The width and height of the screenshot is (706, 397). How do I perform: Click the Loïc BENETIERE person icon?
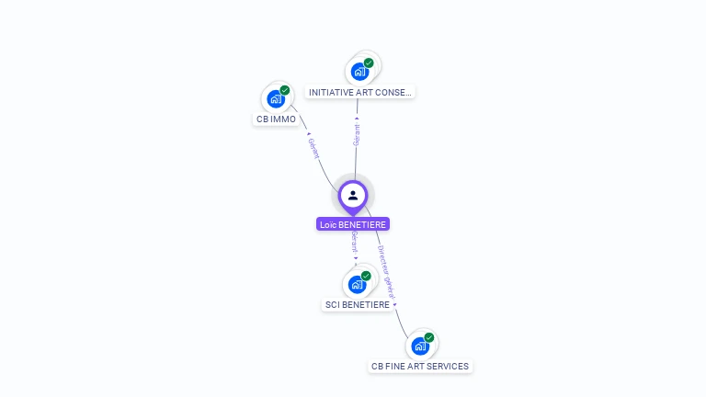353,195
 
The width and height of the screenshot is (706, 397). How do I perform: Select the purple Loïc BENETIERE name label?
353,224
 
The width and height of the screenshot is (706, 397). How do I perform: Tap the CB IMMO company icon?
275,98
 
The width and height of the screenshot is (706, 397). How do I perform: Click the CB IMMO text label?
277,119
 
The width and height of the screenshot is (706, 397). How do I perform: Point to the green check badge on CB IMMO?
285,90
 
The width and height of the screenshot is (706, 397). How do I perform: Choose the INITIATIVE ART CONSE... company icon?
359,71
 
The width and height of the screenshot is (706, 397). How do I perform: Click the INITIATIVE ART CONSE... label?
360,92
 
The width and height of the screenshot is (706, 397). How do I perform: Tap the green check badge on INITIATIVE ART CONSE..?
369,63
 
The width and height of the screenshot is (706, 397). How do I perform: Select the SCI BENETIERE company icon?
357,284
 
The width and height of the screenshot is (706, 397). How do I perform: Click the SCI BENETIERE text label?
358,304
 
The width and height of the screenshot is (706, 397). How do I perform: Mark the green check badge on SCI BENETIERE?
366,276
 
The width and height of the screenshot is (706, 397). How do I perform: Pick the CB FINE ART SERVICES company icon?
419,346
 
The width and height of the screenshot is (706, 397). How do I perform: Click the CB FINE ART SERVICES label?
420,366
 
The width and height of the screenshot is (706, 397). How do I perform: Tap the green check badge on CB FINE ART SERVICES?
429,337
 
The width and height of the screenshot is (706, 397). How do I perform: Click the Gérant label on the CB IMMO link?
313,148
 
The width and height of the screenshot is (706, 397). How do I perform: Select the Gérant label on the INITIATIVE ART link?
357,134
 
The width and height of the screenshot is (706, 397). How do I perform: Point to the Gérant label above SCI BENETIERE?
354,243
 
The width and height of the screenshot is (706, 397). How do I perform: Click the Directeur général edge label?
386,270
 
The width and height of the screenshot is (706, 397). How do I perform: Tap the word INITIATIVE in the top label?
328,92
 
